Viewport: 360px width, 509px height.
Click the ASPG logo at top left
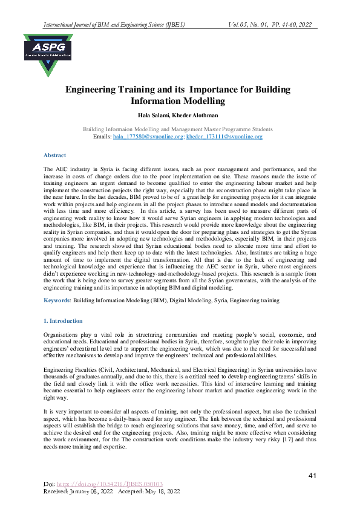click(48, 54)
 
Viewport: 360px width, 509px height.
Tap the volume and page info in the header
click(270, 25)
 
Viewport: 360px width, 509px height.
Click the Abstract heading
click(54, 155)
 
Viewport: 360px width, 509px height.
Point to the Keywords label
click(57, 300)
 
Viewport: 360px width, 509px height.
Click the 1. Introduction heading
click(64, 320)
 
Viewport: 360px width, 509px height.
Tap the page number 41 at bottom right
click(312, 476)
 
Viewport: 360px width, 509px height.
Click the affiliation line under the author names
click(178, 129)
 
